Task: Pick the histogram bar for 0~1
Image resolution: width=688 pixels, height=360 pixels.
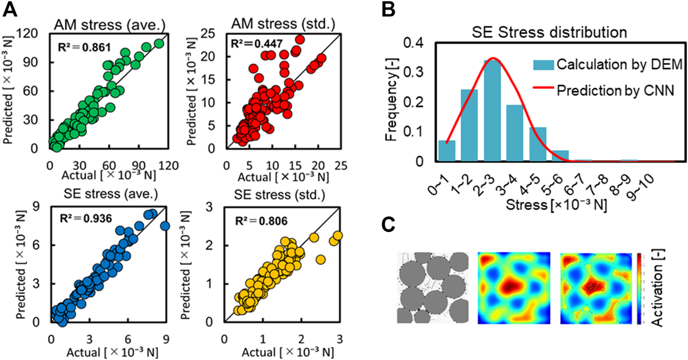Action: tap(446, 151)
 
